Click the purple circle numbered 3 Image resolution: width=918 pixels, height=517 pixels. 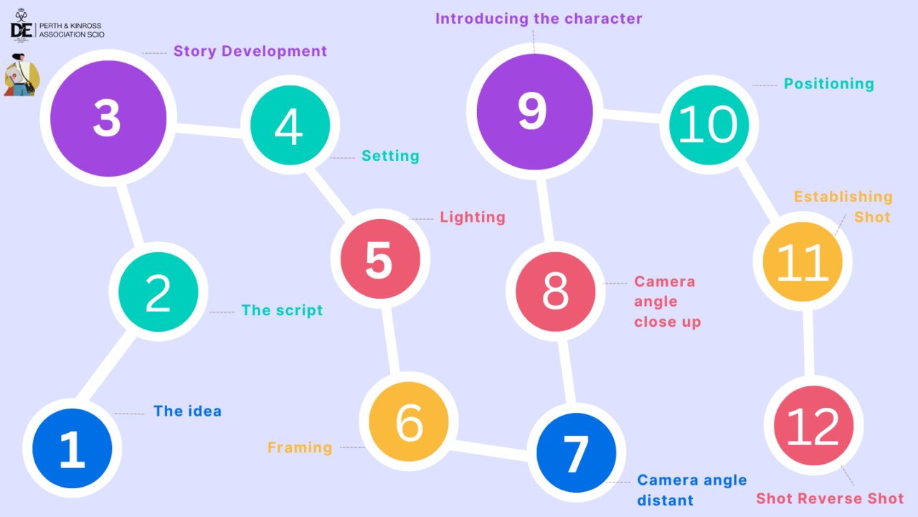tap(108, 119)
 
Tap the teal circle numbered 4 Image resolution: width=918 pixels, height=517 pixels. tap(290, 125)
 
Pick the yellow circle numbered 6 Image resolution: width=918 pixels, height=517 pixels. tap(409, 422)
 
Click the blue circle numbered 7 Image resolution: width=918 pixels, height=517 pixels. tap(576, 453)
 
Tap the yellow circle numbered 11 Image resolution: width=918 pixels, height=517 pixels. tap(803, 261)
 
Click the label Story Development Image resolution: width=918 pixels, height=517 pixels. tap(250, 52)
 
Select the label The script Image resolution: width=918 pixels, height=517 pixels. tap(282, 310)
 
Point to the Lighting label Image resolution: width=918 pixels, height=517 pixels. tap(473, 217)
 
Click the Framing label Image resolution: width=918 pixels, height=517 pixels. tap(300, 447)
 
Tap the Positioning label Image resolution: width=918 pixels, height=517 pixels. tap(828, 83)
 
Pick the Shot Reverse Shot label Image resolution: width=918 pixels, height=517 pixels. tap(830, 499)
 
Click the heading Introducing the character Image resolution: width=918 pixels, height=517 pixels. tap(539, 19)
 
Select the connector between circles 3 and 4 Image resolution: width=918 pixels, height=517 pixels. tap(208, 130)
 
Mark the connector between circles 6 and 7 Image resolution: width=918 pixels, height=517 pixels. tap(491, 450)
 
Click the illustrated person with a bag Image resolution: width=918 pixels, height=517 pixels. tap(22, 75)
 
